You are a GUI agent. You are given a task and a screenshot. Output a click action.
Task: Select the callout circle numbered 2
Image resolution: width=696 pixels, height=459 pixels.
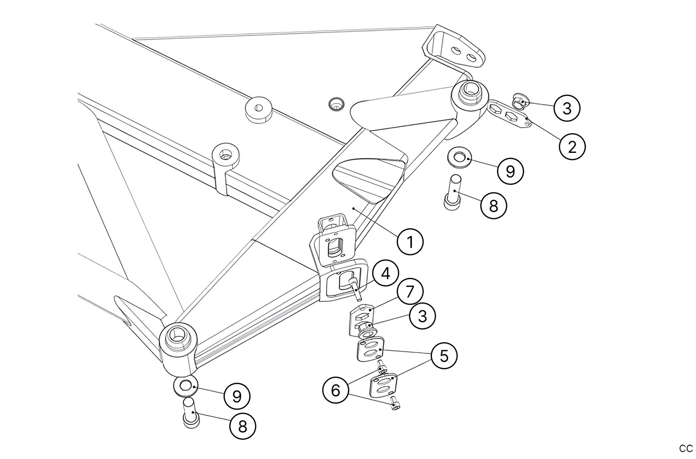click(572, 147)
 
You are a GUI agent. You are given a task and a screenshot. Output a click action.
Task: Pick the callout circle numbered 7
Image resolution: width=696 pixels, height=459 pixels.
click(410, 291)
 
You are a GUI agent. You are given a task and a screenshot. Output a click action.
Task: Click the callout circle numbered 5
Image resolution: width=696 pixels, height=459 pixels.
click(444, 356)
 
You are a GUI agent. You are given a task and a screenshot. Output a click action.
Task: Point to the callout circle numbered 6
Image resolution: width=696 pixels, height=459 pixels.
click(335, 390)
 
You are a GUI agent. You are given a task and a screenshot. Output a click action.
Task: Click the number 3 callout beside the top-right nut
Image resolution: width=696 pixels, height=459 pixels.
click(567, 108)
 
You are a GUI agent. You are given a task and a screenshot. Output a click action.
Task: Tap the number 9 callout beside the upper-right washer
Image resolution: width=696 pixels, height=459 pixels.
click(510, 171)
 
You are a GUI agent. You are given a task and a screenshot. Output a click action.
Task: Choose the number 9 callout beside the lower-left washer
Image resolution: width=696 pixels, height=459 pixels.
click(237, 396)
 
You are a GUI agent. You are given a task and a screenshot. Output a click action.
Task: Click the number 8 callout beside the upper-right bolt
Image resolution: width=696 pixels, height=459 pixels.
click(493, 206)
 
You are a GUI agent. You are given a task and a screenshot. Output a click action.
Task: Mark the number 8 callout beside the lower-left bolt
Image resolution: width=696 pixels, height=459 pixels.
click(242, 426)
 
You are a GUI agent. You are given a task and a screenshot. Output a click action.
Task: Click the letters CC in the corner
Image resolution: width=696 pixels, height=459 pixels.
click(686, 449)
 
